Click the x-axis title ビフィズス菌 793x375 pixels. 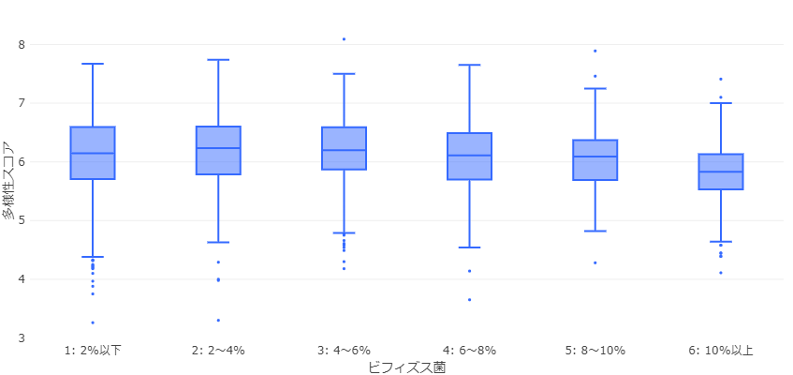[406, 367]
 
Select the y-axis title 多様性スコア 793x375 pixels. [8, 181]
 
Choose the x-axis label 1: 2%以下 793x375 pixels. [93, 351]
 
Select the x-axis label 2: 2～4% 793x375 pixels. [218, 351]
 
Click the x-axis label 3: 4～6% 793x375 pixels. [344, 351]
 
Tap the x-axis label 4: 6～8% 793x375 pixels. [469, 351]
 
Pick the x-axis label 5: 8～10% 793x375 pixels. [595, 351]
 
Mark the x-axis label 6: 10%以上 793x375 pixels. [721, 351]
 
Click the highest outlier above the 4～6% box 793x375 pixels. [344, 39]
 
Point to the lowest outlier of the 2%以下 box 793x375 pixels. [93, 322]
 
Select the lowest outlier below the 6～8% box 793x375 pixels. [469, 300]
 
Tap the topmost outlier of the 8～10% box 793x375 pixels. [595, 51]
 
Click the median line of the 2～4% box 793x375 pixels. [218, 148]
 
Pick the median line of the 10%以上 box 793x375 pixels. [721, 172]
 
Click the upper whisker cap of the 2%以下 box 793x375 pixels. [93, 64]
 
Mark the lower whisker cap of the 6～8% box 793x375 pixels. [469, 247]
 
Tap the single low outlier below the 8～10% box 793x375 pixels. [595, 262]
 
